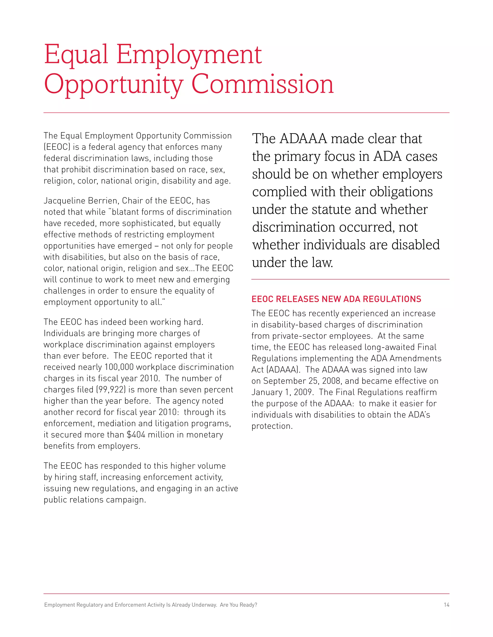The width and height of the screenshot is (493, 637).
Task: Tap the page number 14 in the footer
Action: (x=446, y=605)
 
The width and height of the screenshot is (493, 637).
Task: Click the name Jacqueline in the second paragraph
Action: (x=60, y=201)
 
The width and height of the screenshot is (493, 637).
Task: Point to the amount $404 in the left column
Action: (x=136, y=435)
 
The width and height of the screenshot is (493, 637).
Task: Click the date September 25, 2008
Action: (x=303, y=381)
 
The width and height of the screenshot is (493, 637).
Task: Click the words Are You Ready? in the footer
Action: (x=238, y=605)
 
